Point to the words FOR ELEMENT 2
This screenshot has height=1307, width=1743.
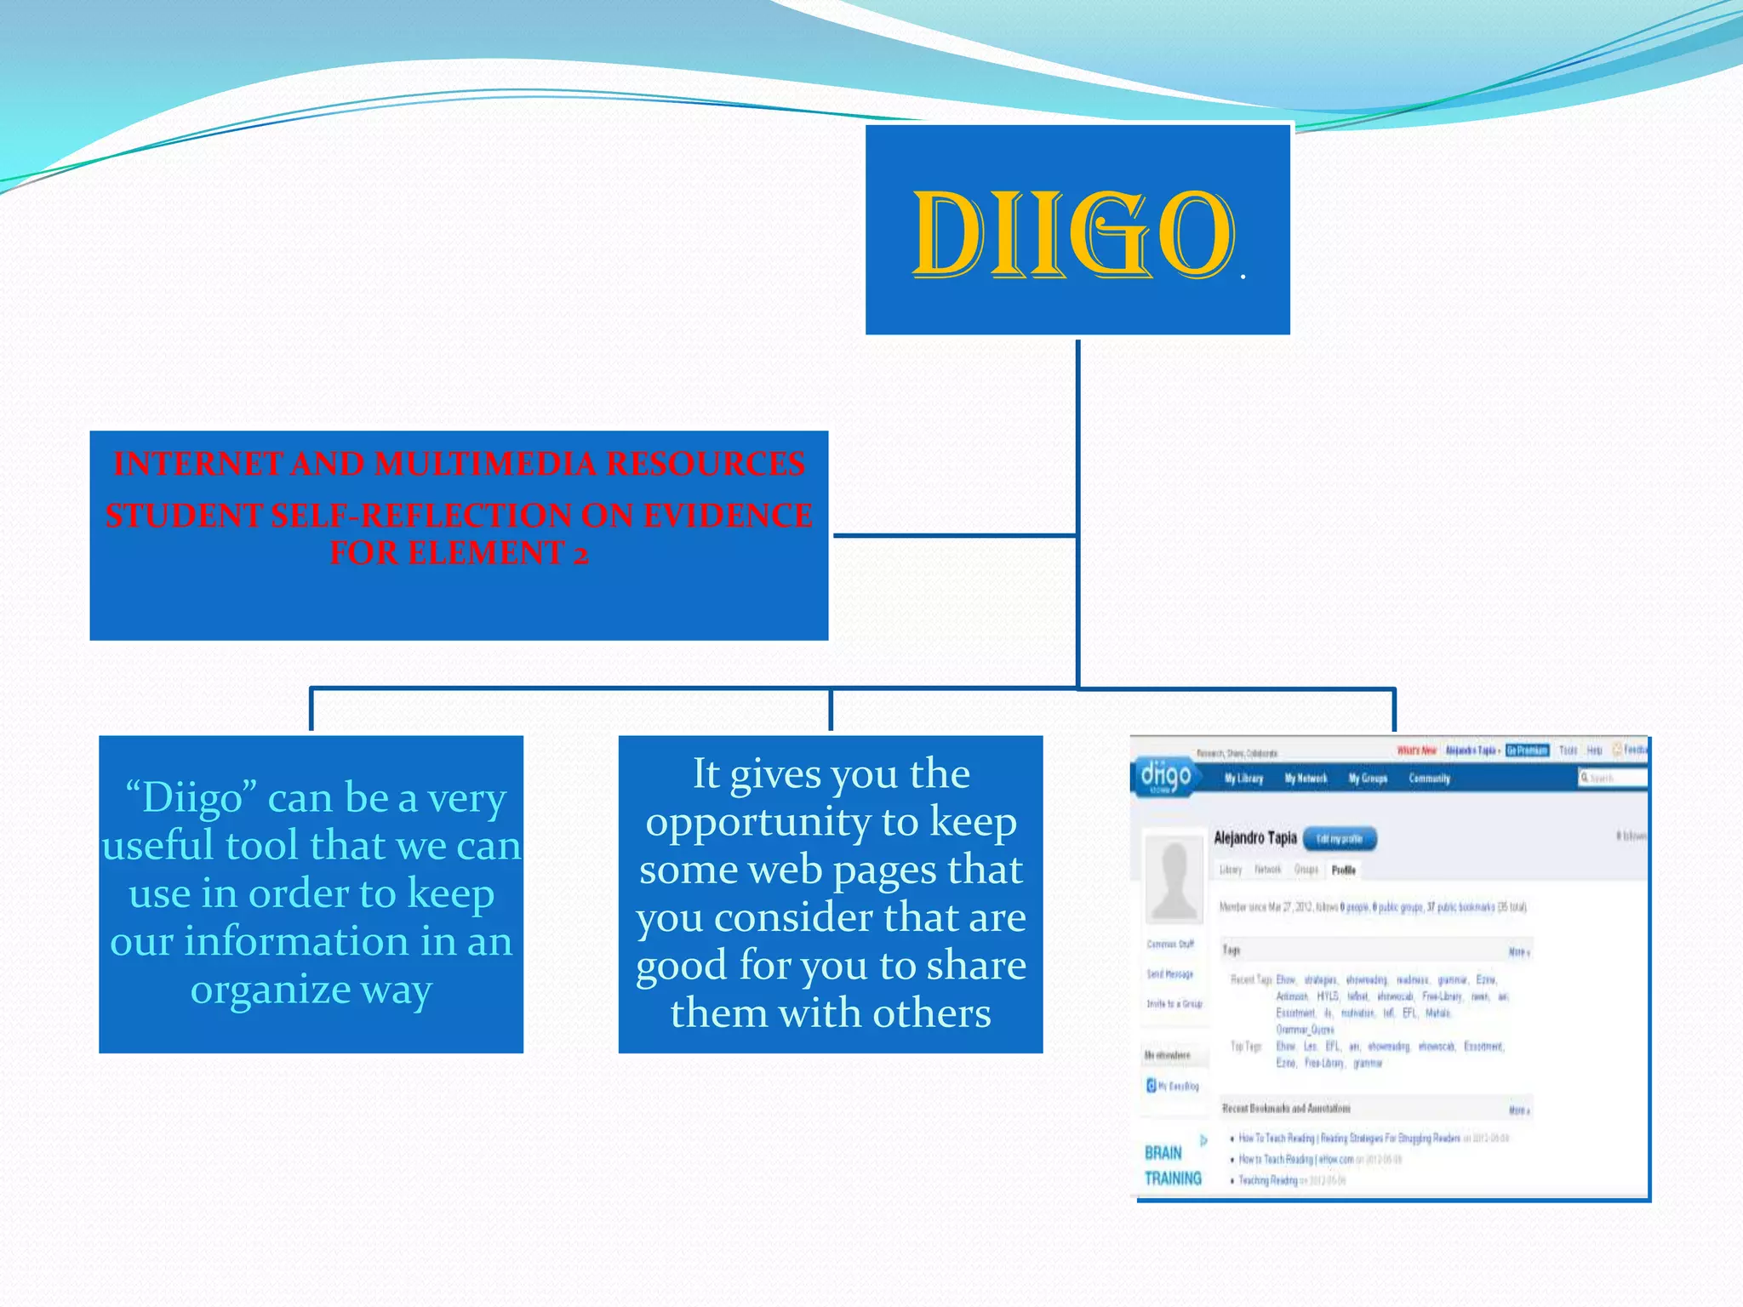(459, 553)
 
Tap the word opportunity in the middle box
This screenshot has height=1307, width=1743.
(758, 822)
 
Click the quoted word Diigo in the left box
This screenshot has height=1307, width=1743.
(191, 798)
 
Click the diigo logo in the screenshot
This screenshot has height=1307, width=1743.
(1165, 776)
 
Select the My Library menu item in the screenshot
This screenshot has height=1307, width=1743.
(1243, 778)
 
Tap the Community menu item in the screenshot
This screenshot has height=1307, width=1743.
(1429, 778)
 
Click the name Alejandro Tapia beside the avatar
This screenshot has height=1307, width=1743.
(1254, 838)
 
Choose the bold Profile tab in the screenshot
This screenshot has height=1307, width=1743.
(1343, 870)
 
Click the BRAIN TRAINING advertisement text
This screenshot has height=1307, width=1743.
(1172, 1166)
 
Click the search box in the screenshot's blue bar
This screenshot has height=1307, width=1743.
(1611, 778)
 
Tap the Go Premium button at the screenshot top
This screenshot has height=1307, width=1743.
(1527, 750)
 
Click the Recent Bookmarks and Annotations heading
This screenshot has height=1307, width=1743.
(1286, 1109)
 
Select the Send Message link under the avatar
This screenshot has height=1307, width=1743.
(1170, 974)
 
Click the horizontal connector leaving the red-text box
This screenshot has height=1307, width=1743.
(953, 535)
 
